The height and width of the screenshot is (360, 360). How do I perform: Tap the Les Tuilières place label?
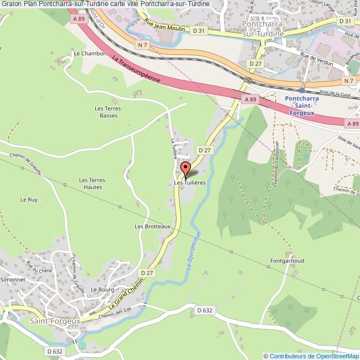point(190,182)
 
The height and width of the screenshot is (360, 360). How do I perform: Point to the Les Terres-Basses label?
point(108,112)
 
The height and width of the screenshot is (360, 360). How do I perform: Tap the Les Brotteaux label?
point(152,227)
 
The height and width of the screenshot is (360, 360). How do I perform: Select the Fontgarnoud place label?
point(286,260)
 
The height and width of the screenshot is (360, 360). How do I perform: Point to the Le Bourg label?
point(102,289)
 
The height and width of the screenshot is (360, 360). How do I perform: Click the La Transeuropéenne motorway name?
point(136,69)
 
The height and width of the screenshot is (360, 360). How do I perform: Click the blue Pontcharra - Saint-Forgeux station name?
point(302,105)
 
